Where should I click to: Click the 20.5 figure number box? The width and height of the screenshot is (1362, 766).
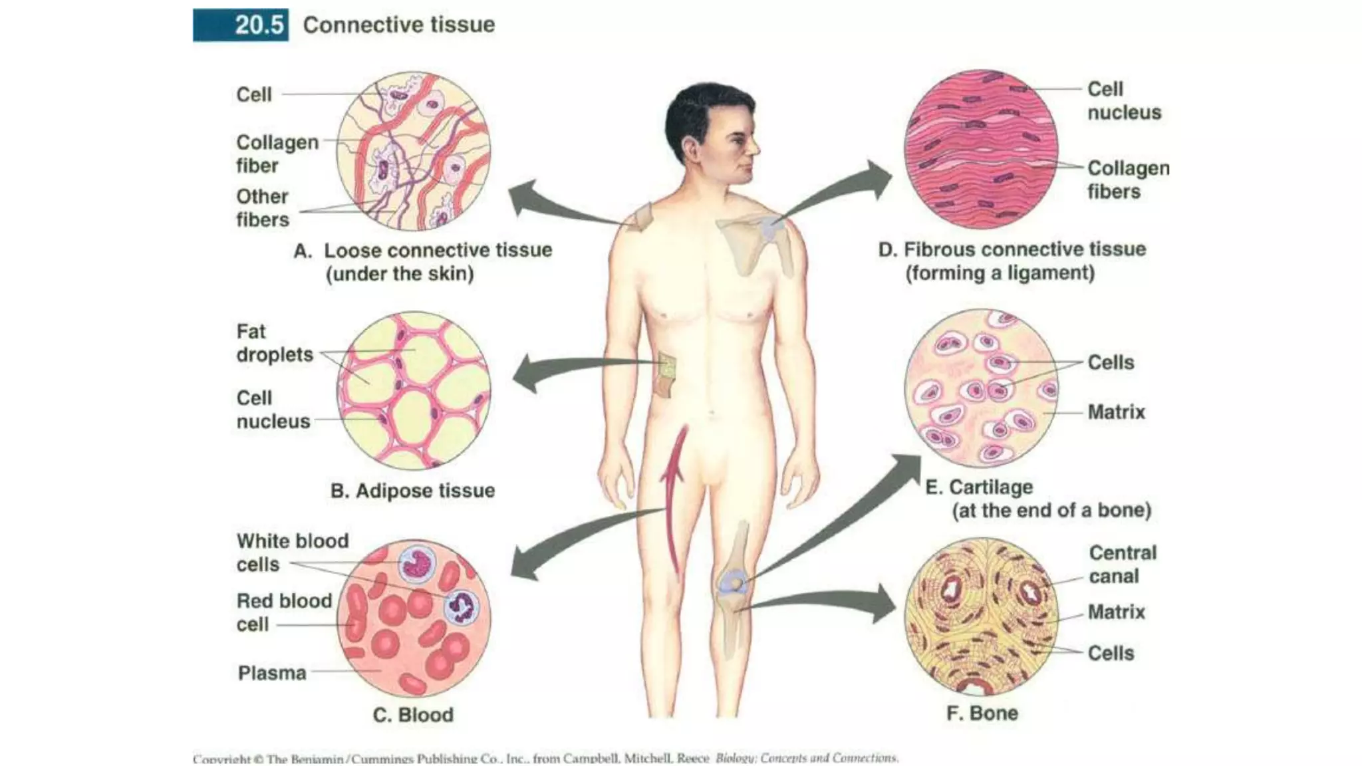pyautogui.click(x=241, y=25)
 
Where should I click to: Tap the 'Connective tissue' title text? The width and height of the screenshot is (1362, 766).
pyautogui.click(x=398, y=25)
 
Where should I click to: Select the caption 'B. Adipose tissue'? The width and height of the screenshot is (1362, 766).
pyautogui.click(x=412, y=491)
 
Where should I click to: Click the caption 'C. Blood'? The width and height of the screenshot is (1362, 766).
pyautogui.click(x=413, y=715)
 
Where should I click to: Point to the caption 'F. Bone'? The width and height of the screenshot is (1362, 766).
pyautogui.click(x=982, y=713)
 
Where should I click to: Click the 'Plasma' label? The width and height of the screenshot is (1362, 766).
pyautogui.click(x=272, y=673)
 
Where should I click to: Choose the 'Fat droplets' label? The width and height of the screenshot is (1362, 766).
pyautogui.click(x=274, y=343)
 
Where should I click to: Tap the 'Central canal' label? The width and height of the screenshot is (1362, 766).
pyautogui.click(x=1123, y=565)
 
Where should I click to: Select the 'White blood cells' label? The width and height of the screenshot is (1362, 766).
pyautogui.click(x=292, y=553)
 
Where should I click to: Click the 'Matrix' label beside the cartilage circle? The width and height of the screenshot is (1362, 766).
pyautogui.click(x=1116, y=412)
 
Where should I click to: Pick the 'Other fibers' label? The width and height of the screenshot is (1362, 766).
pyautogui.click(x=263, y=208)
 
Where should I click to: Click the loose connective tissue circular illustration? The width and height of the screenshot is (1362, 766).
pyautogui.click(x=413, y=151)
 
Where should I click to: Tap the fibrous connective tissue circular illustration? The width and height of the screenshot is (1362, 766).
pyautogui.click(x=980, y=149)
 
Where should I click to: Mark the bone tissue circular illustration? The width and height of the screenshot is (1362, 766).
pyautogui.click(x=980, y=616)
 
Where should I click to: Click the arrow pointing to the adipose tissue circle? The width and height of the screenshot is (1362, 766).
pyautogui.click(x=572, y=370)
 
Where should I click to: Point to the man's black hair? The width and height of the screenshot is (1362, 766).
pyautogui.click(x=705, y=110)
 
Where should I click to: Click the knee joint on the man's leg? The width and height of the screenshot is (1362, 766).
pyautogui.click(x=734, y=584)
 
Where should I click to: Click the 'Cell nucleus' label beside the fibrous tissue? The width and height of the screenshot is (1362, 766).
pyautogui.click(x=1124, y=100)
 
